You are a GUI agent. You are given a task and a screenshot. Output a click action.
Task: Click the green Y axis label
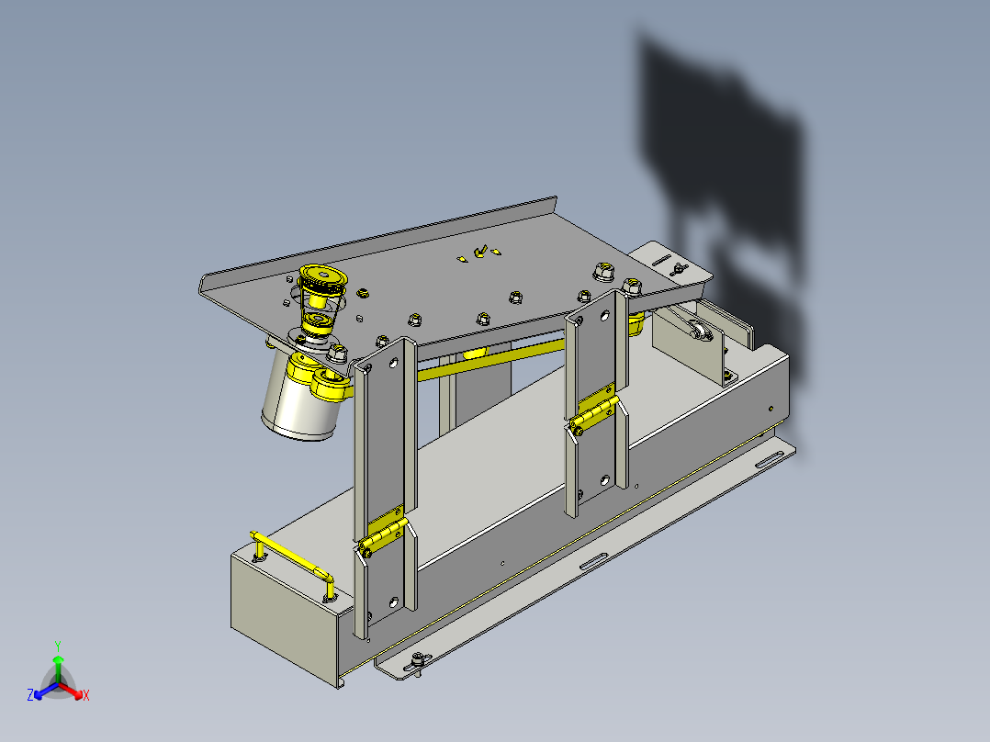click(58, 646)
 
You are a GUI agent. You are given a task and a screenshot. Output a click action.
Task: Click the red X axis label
click(86, 695)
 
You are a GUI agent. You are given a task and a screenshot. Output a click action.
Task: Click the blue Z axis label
click(30, 695)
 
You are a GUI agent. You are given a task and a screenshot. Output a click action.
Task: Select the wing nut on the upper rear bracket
click(678, 269)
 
